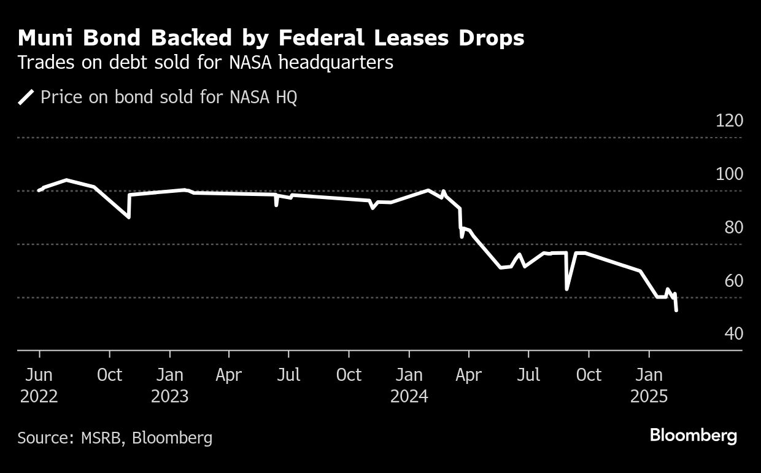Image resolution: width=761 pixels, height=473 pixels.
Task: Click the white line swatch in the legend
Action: [x=26, y=98]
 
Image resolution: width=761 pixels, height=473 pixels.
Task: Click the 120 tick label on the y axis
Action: [x=729, y=120]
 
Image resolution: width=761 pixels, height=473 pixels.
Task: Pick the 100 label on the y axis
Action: [x=729, y=174]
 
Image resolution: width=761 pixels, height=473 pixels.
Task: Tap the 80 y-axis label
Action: [x=733, y=227]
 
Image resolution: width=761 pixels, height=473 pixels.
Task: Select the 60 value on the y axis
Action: [x=733, y=281]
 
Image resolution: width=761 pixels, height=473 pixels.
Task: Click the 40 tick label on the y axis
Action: [x=733, y=334]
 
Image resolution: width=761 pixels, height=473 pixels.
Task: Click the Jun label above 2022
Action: [x=39, y=375]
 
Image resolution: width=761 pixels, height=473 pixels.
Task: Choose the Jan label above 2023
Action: [x=170, y=375]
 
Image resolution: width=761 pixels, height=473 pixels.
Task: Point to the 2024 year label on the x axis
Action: [x=409, y=396]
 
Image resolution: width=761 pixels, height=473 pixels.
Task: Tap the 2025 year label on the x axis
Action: [x=649, y=396]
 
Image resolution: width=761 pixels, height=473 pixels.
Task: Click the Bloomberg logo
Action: [x=693, y=436]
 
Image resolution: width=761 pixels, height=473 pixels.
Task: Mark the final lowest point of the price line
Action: [x=676, y=310]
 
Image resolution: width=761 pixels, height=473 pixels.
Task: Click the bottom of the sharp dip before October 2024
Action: [x=566, y=289]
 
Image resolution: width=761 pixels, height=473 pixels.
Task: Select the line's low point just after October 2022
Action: [x=128, y=217]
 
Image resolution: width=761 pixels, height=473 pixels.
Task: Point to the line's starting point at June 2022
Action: [x=39, y=190]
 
